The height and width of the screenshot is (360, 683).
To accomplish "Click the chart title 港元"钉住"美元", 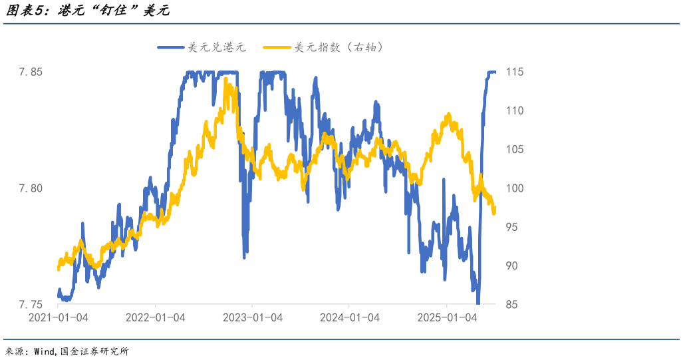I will click(87, 11).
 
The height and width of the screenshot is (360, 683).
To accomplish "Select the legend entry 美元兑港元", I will click(217, 47).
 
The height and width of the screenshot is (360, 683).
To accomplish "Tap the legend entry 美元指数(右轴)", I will click(339, 47).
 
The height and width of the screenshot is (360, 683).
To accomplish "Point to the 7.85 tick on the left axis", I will click(30, 72).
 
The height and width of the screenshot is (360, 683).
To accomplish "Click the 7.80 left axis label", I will click(30, 188).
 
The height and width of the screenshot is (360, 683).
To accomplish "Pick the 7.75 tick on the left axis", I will click(30, 305).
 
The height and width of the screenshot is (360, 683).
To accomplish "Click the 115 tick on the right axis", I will click(515, 72).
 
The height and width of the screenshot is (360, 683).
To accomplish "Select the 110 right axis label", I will click(515, 110).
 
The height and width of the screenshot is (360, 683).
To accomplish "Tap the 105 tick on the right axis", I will click(515, 150).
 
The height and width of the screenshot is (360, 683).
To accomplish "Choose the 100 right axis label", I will click(515, 188).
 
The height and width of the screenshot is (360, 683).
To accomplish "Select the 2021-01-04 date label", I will click(59, 318).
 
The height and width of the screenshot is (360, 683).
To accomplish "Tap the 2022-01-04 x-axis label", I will click(155, 318).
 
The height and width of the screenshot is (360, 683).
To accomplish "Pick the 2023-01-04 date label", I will click(252, 318).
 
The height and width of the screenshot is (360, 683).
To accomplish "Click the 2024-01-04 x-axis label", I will click(349, 318).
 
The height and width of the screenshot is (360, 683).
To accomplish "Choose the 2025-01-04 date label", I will click(446, 318).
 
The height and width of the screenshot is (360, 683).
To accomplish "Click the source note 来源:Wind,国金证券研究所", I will click(67, 351).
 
